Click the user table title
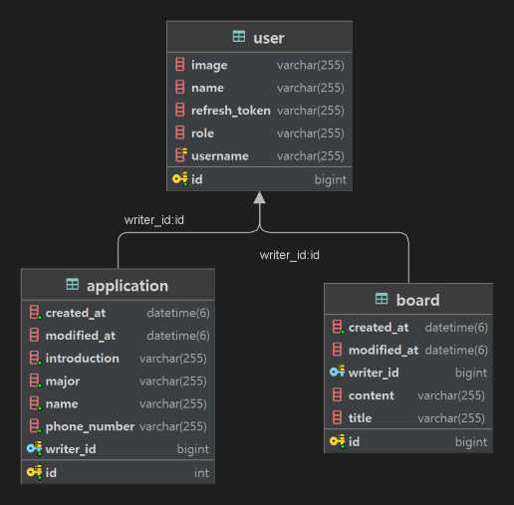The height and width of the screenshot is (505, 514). pos(269,38)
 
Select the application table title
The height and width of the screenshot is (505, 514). pos(128,286)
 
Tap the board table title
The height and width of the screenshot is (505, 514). pos(417,300)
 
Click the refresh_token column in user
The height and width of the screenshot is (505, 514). pos(230,111)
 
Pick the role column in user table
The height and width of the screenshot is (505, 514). pos(202,133)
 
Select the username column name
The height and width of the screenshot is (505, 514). pos(219,156)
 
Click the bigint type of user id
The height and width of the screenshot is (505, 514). pos(330,180)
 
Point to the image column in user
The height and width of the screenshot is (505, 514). pos(209,66)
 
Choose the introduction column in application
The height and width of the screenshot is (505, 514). pos(82,359)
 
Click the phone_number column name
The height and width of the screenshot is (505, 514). pos(90,426)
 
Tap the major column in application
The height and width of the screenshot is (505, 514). pos(63,381)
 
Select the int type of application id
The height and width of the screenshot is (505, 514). pos(201,473)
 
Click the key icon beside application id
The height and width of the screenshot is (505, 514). pos(35,473)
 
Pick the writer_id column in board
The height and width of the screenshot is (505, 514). pos(374,374)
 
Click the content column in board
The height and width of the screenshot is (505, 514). pos(371,396)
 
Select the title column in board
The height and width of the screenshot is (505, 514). pos(360,419)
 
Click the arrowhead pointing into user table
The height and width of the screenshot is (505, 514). pos(260,197)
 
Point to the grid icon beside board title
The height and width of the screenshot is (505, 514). pos(382,300)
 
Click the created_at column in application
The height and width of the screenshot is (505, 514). pos(75,314)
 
